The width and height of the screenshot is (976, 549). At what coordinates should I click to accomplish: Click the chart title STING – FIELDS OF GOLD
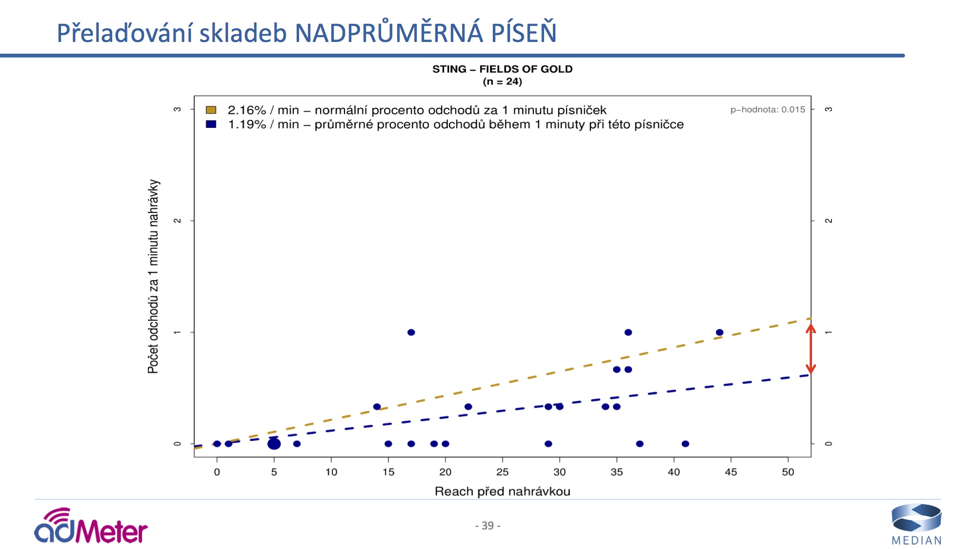[x=502, y=69]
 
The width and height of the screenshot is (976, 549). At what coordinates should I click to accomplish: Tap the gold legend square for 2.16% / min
[x=211, y=110]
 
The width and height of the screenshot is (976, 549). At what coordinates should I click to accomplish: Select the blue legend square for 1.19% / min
[x=211, y=124]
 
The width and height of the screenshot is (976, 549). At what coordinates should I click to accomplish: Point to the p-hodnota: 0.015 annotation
[x=768, y=110]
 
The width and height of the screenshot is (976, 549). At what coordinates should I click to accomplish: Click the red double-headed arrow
[x=811, y=349]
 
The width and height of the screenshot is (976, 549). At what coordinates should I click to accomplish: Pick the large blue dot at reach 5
[x=274, y=444]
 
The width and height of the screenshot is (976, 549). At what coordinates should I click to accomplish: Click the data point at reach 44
[x=719, y=332]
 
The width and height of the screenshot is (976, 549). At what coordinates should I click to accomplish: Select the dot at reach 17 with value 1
[x=411, y=332]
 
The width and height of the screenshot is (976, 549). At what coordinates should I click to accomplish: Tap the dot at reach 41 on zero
[x=685, y=444]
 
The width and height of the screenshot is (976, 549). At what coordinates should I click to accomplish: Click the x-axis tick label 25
[x=502, y=472]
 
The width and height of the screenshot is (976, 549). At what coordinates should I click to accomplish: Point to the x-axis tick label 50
[x=788, y=472]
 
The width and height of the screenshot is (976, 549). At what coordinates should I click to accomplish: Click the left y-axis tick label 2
[x=178, y=221]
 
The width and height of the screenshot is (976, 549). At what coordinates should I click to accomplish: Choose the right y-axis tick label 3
[x=828, y=109]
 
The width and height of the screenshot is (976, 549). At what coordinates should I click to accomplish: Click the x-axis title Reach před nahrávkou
[x=502, y=491]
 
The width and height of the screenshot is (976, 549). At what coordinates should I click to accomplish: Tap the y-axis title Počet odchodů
[x=153, y=276]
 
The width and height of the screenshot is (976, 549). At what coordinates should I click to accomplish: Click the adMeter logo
[x=91, y=527]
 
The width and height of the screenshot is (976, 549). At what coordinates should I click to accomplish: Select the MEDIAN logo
[x=916, y=525]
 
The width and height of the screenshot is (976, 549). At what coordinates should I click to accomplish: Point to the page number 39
[x=488, y=526]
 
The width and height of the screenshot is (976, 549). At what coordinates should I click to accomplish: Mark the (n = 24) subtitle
[x=502, y=81]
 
